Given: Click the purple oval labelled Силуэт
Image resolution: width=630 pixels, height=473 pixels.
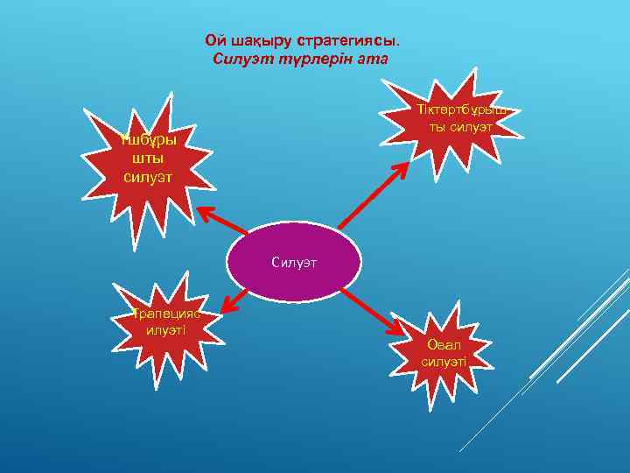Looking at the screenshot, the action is click(x=281, y=261).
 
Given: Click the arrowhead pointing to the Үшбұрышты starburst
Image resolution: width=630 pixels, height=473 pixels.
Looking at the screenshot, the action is click(x=205, y=213).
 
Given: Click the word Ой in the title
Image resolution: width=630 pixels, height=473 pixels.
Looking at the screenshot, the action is click(x=213, y=41).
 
